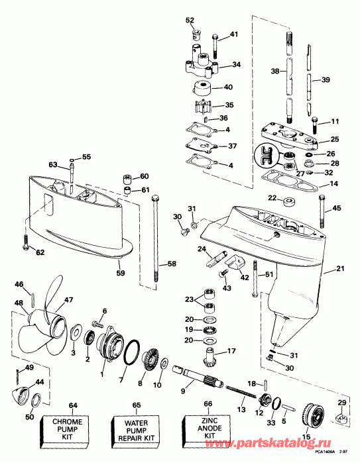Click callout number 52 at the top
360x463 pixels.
coord(190,20)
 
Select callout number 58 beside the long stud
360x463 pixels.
coord(171,264)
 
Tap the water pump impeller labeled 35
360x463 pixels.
coord(197,105)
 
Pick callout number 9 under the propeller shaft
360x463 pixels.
coord(183,391)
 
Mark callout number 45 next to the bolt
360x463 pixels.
coord(337,209)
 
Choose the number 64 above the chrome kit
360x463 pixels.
coord(72,404)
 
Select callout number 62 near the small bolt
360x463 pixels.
coord(40,252)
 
